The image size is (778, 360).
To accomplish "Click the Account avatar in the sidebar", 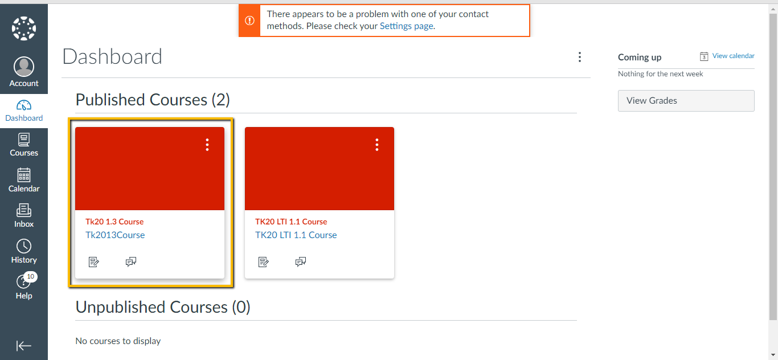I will [x=24, y=67].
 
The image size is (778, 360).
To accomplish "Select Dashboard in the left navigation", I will [x=24, y=111].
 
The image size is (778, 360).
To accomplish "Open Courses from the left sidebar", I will [x=24, y=145].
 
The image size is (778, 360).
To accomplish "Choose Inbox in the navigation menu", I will [x=24, y=216].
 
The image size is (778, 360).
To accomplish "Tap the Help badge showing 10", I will [x=31, y=277].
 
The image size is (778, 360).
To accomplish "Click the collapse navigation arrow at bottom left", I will [x=24, y=346].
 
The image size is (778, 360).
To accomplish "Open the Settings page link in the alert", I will [x=406, y=26].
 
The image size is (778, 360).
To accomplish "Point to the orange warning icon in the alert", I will [x=249, y=21].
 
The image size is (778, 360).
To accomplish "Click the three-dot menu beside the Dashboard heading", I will [x=579, y=57].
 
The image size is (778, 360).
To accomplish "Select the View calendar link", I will [x=733, y=56].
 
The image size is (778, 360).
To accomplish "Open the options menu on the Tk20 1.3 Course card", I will [x=207, y=145].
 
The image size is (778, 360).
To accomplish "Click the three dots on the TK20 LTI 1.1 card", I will [x=377, y=145].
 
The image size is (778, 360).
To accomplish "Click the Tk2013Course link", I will [x=115, y=235].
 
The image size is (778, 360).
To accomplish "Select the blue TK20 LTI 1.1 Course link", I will [x=296, y=235].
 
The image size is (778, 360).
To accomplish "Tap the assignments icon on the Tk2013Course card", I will [x=94, y=262].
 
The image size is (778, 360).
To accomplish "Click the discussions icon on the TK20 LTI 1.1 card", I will [x=301, y=262].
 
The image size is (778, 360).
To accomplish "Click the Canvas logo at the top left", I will [x=24, y=28].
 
